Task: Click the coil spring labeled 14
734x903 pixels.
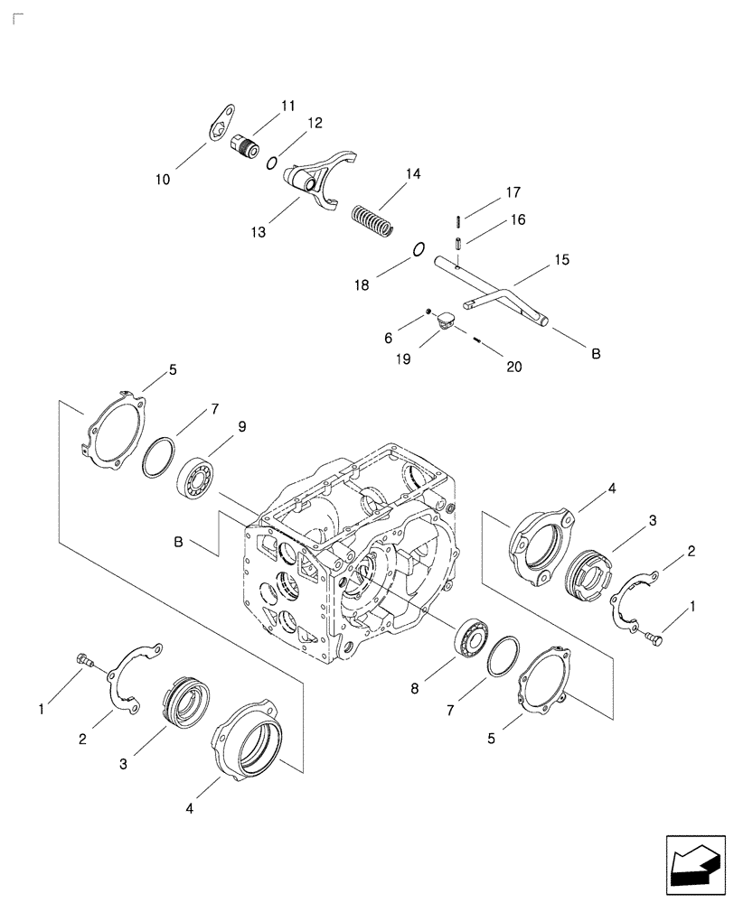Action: [372, 221]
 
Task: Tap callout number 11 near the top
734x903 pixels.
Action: [287, 106]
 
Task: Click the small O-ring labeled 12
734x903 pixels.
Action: [270, 163]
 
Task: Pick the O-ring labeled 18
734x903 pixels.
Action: [419, 250]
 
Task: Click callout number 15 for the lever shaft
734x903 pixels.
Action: [562, 259]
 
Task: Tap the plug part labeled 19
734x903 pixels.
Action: [445, 320]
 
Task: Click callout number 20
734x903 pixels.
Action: [514, 367]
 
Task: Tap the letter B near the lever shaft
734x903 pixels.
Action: [596, 354]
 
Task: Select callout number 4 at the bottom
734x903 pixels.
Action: [189, 808]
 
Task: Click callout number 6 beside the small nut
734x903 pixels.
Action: [388, 337]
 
